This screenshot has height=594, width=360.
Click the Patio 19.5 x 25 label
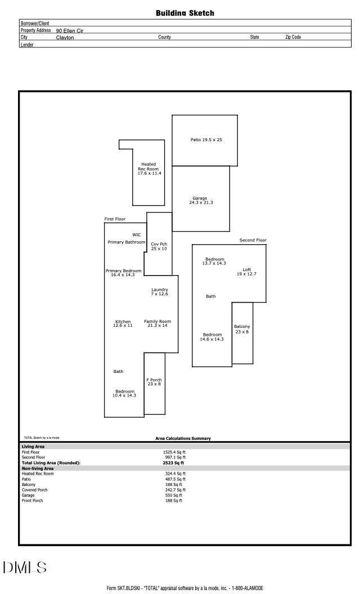click(x=206, y=140)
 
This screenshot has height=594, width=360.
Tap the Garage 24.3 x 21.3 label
click(x=201, y=200)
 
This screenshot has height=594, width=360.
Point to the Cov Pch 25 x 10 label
click(x=159, y=246)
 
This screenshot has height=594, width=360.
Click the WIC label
click(x=137, y=235)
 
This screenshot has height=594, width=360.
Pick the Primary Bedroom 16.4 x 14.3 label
click(x=124, y=273)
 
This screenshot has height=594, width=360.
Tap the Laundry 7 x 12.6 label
click(x=160, y=292)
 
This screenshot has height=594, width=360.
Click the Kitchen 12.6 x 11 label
click(x=123, y=323)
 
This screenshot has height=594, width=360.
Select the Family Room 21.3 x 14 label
click(x=157, y=323)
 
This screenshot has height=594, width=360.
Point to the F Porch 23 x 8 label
click(x=154, y=382)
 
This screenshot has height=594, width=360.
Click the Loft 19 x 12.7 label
click(x=247, y=272)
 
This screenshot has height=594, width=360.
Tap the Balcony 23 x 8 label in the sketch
click(x=242, y=329)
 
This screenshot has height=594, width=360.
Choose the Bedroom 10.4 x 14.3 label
click(x=125, y=393)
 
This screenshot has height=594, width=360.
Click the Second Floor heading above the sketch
click(x=253, y=240)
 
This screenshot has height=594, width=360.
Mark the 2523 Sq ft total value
click(x=174, y=463)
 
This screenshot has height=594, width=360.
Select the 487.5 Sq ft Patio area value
click(x=174, y=479)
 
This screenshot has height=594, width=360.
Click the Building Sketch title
click(x=185, y=13)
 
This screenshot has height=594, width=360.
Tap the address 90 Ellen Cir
click(x=70, y=31)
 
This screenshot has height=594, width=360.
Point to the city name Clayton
click(x=65, y=38)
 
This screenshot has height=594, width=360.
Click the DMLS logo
click(x=25, y=568)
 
